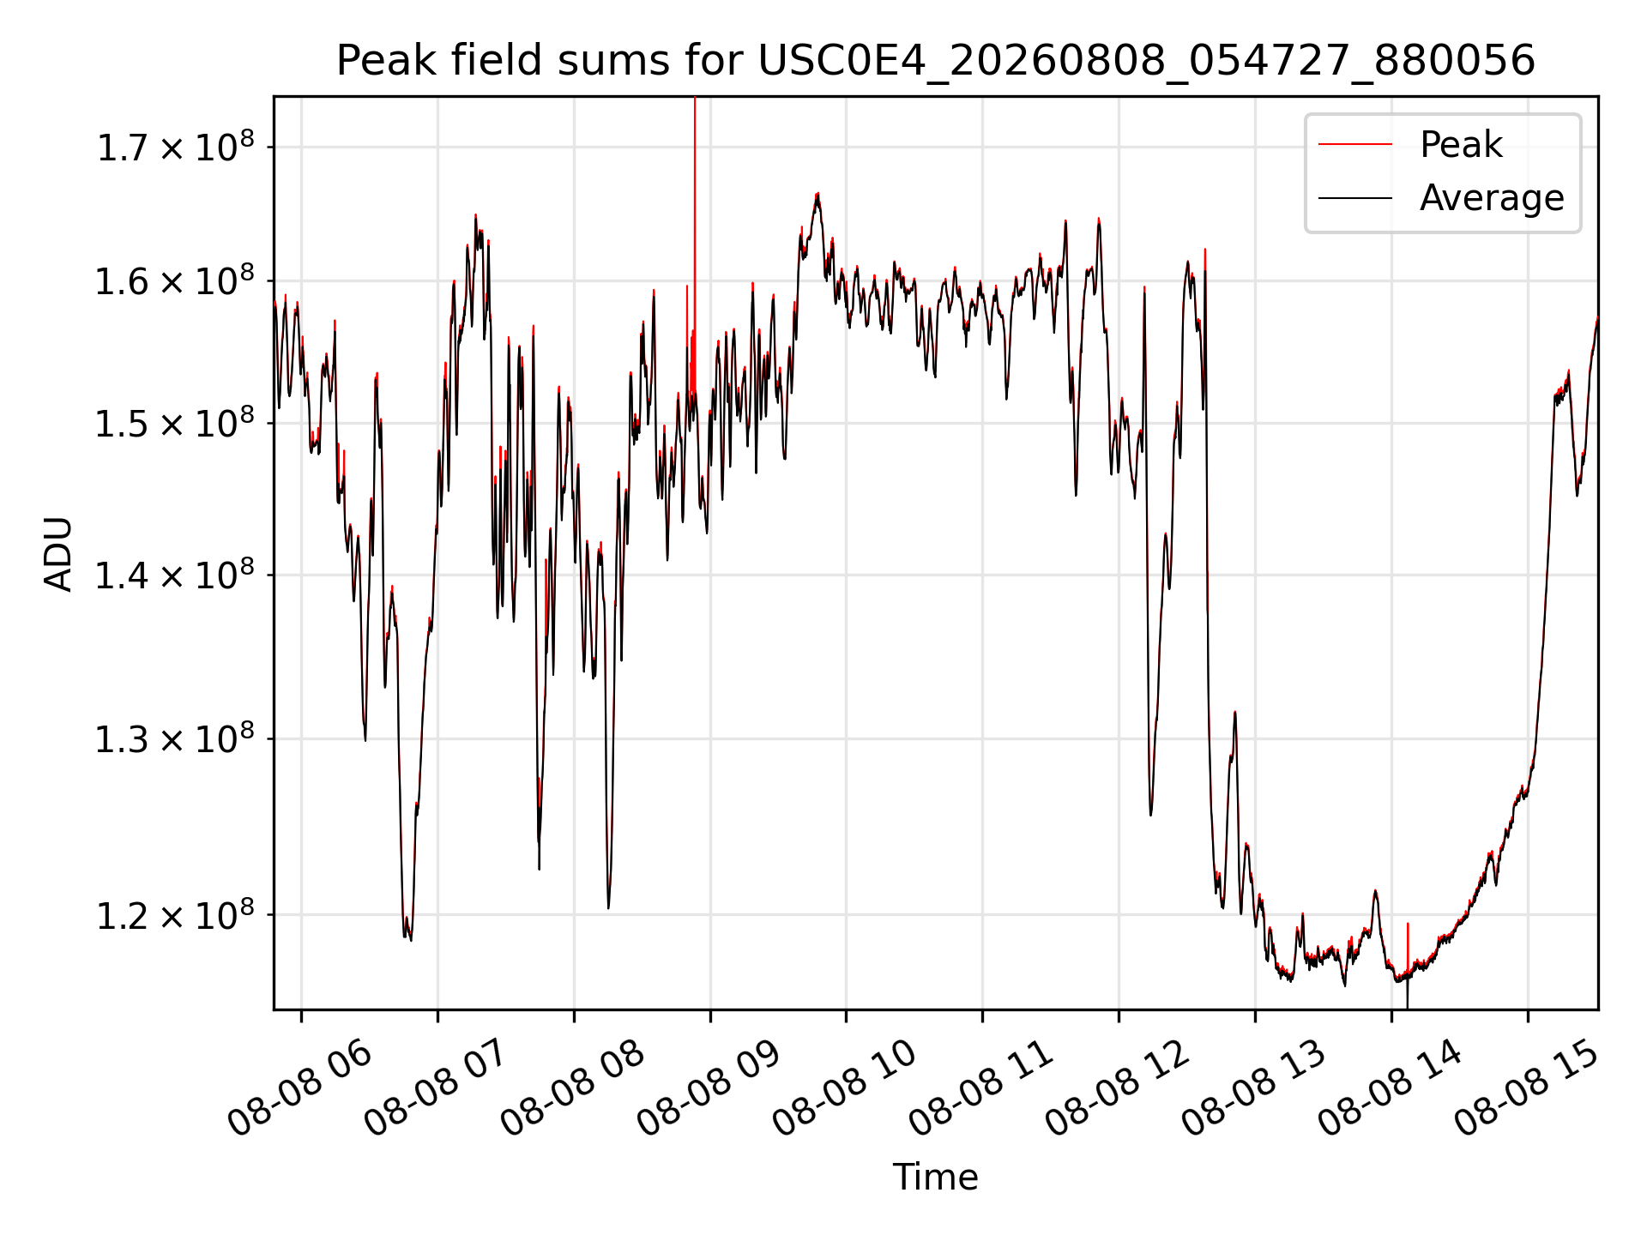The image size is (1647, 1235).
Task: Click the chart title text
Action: coord(935,61)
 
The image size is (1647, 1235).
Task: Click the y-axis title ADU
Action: coord(58,553)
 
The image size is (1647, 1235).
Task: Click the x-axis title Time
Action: coord(935,1177)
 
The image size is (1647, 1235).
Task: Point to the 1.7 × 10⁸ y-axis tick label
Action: coord(175,147)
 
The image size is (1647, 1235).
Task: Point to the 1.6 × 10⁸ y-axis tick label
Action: coord(175,280)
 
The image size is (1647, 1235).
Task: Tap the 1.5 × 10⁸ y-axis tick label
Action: coord(175,423)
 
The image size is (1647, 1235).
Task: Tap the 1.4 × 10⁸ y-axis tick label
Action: coord(175,575)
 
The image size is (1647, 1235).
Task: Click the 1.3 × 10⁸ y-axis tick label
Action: coord(175,738)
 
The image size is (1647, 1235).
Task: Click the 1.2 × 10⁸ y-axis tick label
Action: coord(175,915)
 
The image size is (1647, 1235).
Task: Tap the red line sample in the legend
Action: coord(1355,145)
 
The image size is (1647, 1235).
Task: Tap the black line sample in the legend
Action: coord(1355,199)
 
